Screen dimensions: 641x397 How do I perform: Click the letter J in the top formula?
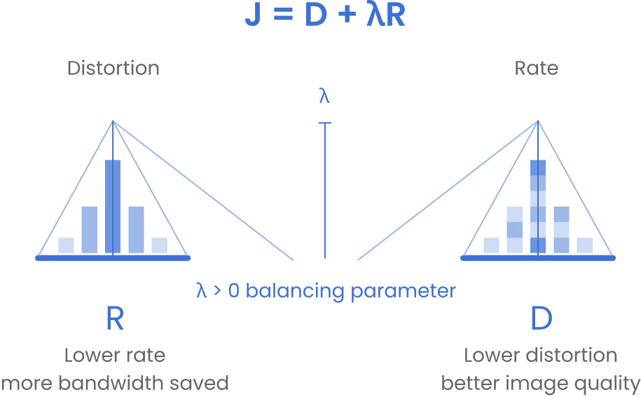click(253, 15)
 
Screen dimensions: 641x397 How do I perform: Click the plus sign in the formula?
click(347, 15)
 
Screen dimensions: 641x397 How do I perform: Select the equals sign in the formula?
click(283, 15)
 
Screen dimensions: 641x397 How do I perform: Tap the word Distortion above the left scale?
click(113, 68)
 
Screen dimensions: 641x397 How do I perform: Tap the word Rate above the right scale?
click(537, 68)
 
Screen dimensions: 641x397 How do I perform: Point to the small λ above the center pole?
click(324, 95)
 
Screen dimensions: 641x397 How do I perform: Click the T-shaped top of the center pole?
click(325, 123)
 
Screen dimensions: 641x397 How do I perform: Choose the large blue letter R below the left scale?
click(115, 319)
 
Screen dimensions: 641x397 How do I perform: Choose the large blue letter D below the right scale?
click(542, 319)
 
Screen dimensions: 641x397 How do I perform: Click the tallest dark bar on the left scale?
click(113, 207)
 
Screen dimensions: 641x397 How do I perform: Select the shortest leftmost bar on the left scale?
click(67, 246)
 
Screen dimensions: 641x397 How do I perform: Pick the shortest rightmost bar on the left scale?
click(160, 246)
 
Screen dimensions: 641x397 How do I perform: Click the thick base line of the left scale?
click(113, 258)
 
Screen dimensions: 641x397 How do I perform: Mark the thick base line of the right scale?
click(538, 258)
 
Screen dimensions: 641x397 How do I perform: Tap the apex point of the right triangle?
click(538, 121)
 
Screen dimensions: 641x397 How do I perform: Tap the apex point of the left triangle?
click(113, 121)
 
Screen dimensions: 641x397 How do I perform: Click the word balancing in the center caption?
click(295, 291)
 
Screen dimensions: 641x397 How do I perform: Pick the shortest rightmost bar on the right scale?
click(584, 246)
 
